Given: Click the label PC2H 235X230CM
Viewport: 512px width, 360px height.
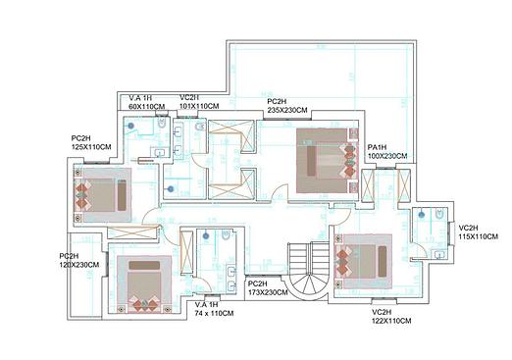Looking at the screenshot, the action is (x=287, y=106).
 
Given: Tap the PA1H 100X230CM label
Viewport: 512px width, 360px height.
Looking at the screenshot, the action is (x=387, y=152).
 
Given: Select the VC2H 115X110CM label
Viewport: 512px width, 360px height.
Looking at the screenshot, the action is (x=479, y=232).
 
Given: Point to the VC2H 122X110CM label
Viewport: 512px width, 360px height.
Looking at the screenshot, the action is (x=391, y=317).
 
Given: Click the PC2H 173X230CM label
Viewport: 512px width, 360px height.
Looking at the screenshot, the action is (x=268, y=288).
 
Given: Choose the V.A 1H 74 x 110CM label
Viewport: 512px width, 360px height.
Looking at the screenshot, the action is (x=214, y=309).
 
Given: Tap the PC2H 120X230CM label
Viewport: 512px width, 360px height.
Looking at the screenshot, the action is (x=79, y=260).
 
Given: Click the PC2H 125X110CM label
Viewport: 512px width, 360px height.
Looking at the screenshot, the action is (x=91, y=142).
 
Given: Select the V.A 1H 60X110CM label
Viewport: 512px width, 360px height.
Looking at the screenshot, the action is (x=146, y=102).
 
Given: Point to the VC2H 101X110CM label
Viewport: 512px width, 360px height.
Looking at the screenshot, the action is (x=199, y=102).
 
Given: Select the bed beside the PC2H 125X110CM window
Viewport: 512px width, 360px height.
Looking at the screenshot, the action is (x=103, y=195).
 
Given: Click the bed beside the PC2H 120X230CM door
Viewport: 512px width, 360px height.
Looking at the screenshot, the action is (x=144, y=284).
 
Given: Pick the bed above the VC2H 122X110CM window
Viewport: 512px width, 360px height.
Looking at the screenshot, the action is (x=364, y=262).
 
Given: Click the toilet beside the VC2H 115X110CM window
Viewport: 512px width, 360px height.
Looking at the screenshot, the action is (x=439, y=214).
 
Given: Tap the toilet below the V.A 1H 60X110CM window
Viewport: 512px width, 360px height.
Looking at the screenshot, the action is (x=162, y=123).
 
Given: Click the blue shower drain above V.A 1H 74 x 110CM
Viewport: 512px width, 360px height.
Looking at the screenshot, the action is (x=206, y=235).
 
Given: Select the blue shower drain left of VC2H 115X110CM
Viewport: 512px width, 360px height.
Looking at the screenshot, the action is (x=422, y=215).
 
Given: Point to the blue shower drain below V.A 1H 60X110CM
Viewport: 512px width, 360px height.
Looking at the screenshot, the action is (x=131, y=126).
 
